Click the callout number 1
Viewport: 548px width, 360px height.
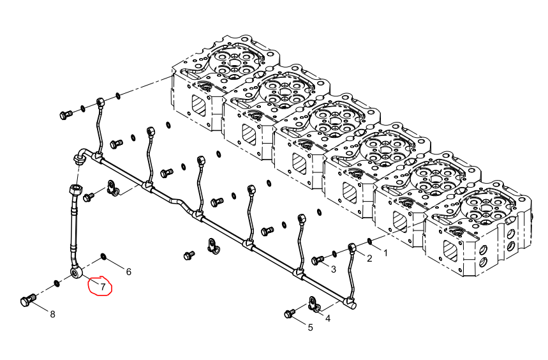pos(385,253)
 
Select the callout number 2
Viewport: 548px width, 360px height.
pos(369,259)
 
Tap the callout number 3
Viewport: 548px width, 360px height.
pos(334,269)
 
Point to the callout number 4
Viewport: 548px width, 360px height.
pos(328,319)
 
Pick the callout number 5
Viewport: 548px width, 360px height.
pos(310,327)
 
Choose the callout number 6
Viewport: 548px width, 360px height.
pos(129,271)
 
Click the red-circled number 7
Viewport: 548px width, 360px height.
pos(103,287)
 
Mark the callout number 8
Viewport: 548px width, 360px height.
pos(52,314)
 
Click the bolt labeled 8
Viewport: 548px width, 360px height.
pos(28,300)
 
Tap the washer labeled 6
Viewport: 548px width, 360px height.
pos(104,257)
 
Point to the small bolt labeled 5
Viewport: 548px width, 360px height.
pos(290,313)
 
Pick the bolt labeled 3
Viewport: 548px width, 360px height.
pos(317,260)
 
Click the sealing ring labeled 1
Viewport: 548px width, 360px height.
pos(369,241)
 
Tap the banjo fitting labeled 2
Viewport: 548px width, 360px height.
pos(352,248)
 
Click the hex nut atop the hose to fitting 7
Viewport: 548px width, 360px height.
pos(77,190)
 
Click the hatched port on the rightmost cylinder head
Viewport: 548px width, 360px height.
pos(450,250)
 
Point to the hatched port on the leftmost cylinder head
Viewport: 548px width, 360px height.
pos(198,105)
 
